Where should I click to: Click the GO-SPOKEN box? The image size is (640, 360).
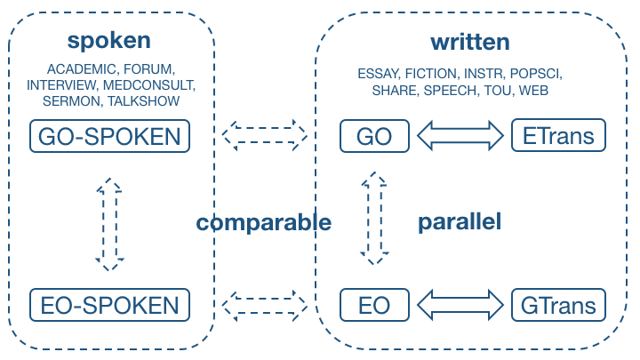(x=110, y=136)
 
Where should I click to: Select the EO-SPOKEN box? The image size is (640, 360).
(x=110, y=305)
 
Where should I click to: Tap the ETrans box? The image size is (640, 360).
(x=558, y=135)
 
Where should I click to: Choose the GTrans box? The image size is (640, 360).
(x=558, y=305)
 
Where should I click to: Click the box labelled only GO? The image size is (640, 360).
(x=374, y=136)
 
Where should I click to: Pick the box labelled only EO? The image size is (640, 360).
(x=374, y=305)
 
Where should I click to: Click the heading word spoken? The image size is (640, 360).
(x=109, y=41)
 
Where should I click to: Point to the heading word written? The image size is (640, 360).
(x=470, y=42)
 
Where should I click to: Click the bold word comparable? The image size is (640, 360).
(x=264, y=223)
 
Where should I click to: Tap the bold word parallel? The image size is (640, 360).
(x=460, y=221)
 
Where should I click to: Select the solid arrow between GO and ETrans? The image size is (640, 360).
(x=460, y=135)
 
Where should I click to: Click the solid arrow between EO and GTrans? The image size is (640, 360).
(x=460, y=305)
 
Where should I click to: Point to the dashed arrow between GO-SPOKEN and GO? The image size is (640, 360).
(x=265, y=135)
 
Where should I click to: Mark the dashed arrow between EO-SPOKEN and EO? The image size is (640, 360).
(x=265, y=306)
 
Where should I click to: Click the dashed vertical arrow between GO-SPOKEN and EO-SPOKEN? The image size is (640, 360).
(x=110, y=225)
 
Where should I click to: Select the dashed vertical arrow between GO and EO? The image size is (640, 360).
(x=374, y=219)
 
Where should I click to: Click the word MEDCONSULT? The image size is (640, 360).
(x=149, y=85)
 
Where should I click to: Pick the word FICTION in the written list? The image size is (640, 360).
(x=432, y=74)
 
